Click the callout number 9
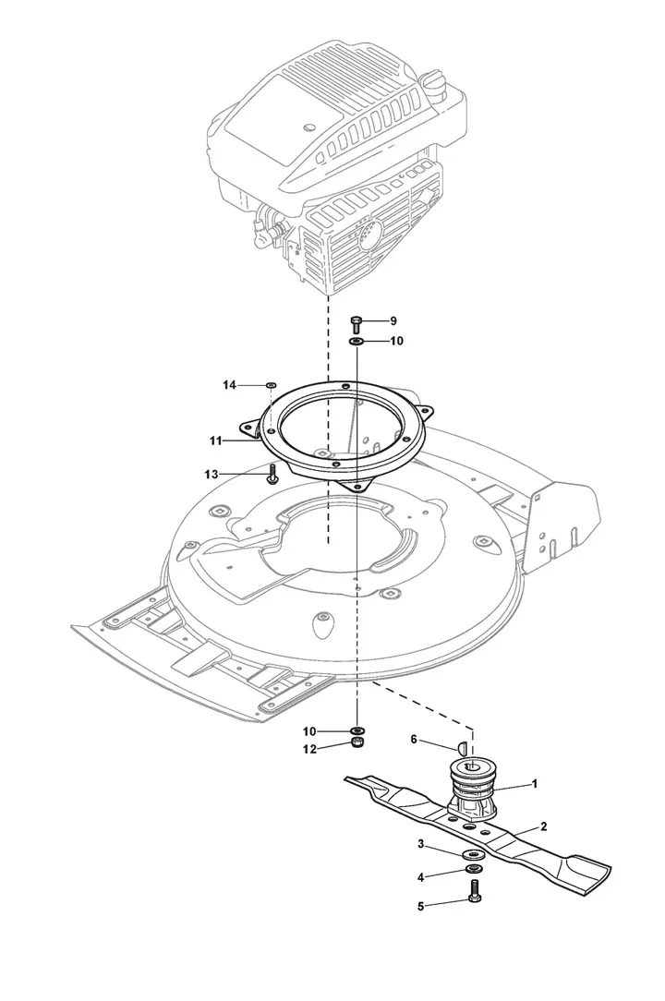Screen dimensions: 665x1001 point(393,320)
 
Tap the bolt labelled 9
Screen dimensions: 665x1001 point(357,324)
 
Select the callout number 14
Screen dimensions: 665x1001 point(229,385)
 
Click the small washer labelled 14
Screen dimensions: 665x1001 point(271,385)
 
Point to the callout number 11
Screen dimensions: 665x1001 point(214,440)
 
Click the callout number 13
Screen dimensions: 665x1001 point(212,475)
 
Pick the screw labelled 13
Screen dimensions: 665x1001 point(272,476)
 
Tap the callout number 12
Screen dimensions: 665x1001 point(309,750)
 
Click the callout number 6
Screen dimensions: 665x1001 point(413,740)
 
